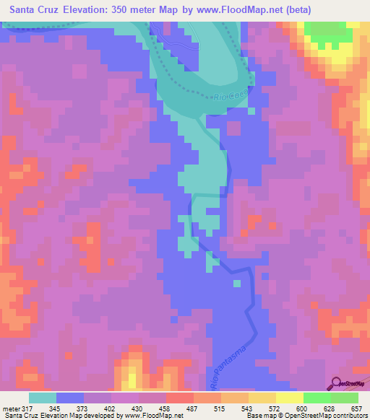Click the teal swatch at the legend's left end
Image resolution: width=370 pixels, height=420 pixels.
tap(42, 397)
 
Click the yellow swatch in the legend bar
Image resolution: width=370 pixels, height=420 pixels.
tap(289, 397)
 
